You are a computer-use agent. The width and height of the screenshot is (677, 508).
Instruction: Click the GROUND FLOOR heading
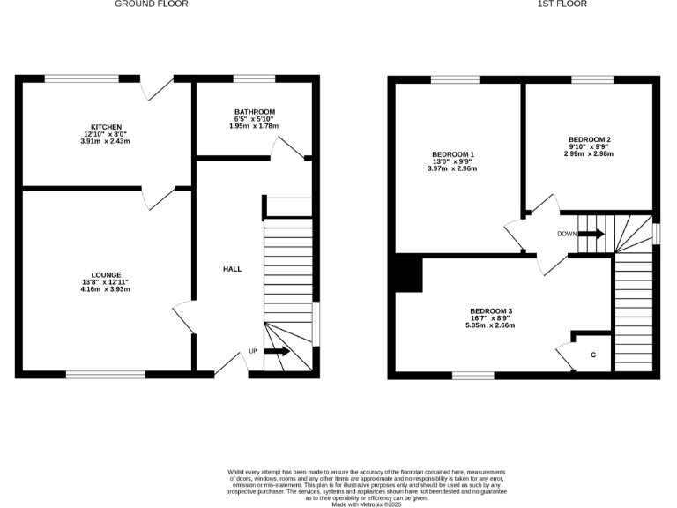click(152, 4)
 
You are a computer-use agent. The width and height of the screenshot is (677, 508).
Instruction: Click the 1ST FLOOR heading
click(562, 4)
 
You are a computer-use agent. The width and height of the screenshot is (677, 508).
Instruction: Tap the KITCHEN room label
click(106, 126)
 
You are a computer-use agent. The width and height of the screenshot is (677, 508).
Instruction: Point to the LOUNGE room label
click(106, 274)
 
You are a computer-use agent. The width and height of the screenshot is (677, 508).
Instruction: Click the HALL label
click(232, 269)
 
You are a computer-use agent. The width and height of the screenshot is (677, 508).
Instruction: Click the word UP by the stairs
click(253, 351)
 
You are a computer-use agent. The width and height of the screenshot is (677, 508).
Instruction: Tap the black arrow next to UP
click(276, 351)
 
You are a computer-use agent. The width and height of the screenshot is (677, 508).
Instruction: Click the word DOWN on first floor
click(568, 234)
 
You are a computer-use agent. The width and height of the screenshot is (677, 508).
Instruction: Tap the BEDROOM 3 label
click(491, 310)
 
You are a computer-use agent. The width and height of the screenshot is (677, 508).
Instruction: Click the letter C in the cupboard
click(593, 355)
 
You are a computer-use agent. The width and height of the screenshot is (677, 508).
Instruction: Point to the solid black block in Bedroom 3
click(409, 273)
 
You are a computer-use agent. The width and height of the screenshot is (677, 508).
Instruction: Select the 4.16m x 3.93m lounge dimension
click(106, 289)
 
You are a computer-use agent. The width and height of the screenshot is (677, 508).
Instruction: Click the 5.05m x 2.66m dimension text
click(491, 325)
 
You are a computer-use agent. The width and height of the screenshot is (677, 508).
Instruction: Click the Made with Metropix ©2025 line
click(339, 504)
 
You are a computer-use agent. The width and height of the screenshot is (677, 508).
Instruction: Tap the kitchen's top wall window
click(82, 79)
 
